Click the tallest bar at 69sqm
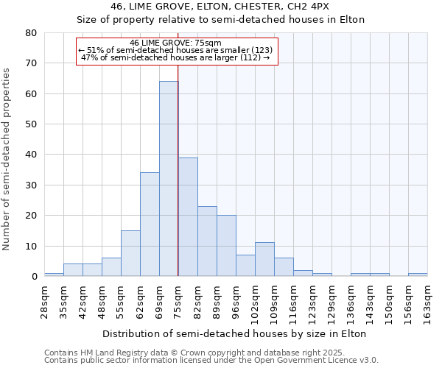click(169, 179)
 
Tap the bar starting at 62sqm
click(150, 224)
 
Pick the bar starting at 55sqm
click(130, 253)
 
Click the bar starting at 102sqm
click(264, 259)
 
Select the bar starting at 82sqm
click(207, 241)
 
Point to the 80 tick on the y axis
click(31, 33)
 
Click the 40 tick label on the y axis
click(31, 155)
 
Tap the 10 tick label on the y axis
click(31, 246)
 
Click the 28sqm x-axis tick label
click(44, 299)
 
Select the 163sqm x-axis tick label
click(427, 299)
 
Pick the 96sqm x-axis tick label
click(236, 299)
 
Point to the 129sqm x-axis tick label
click(331, 299)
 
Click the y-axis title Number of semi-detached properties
click(7, 159)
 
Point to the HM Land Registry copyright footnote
click(211, 353)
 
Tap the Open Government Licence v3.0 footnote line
click(211, 361)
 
